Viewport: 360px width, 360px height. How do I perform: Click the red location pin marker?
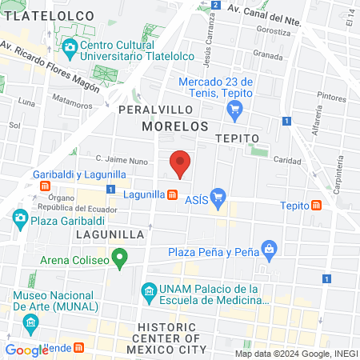[181, 163]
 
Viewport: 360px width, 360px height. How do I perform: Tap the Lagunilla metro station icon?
[172, 194]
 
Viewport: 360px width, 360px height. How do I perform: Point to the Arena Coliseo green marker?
[120, 258]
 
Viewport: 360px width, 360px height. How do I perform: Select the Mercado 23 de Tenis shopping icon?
[234, 112]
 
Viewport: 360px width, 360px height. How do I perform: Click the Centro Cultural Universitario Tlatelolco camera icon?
[69, 47]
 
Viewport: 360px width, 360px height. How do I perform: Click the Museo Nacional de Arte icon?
[31, 324]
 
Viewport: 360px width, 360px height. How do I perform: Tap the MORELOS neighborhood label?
[174, 126]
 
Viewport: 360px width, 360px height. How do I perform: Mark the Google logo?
[27, 350]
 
